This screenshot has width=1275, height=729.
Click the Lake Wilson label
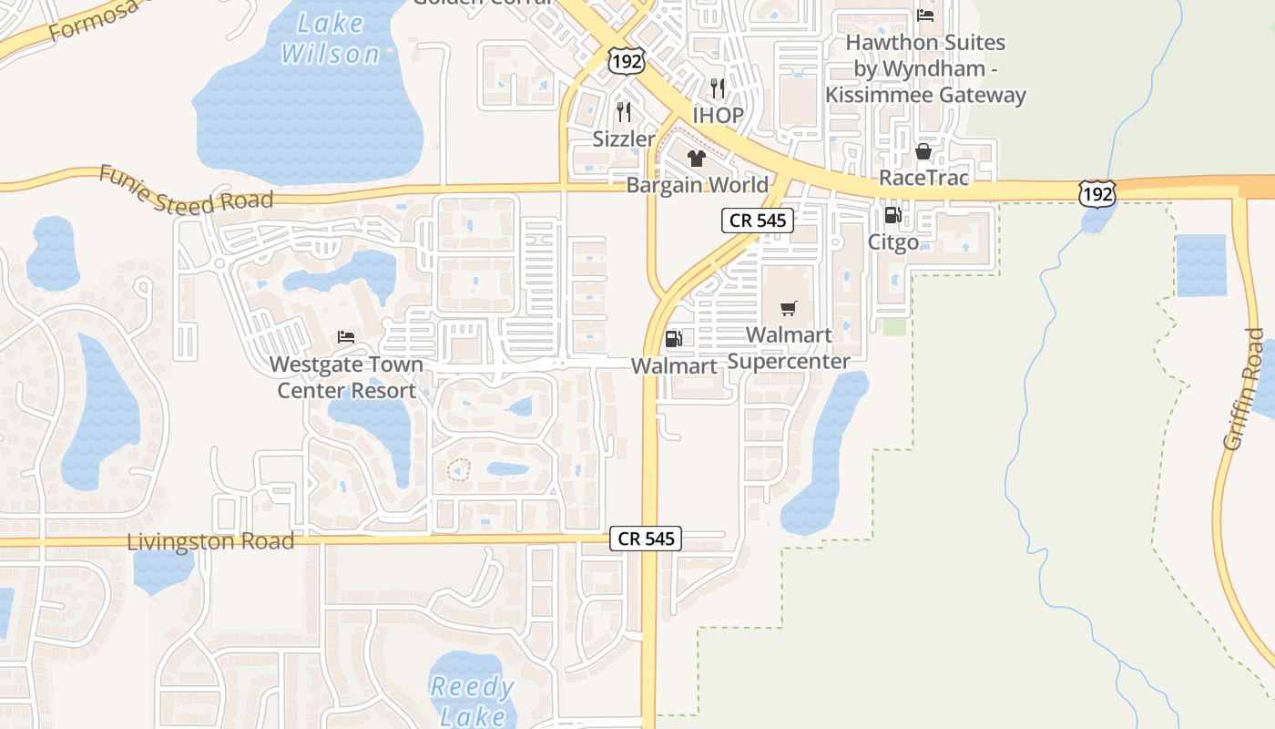pos(330,38)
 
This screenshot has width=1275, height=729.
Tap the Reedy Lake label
pos(473,700)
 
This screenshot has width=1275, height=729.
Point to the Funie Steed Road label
pos(187,189)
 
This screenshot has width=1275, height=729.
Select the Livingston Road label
pos(210,541)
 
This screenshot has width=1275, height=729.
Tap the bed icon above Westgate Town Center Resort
pos(346,337)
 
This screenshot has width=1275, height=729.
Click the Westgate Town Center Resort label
pos(346,377)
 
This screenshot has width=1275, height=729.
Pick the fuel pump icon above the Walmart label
pos(674,339)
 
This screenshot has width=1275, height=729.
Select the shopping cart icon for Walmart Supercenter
pos(789,308)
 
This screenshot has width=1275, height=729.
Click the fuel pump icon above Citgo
pos(892,216)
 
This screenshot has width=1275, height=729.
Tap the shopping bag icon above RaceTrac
pos(923,151)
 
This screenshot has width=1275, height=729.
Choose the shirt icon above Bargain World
pos(697,159)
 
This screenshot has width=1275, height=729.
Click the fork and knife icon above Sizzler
pos(624,112)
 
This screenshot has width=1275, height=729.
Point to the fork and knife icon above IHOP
pos(718,88)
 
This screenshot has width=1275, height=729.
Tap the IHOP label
pos(719,116)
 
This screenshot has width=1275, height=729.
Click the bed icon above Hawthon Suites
pos(925,15)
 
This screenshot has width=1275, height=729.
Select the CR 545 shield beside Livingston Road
pos(647,539)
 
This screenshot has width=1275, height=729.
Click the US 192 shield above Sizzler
pos(626,60)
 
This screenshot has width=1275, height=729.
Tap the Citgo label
pos(893,242)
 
